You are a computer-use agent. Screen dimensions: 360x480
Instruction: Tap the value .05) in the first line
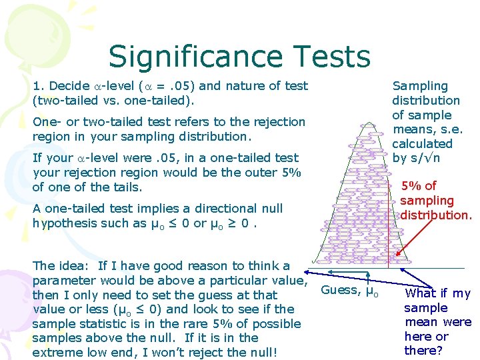click(x=183, y=85)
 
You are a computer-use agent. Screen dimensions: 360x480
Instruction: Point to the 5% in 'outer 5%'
click(x=292, y=173)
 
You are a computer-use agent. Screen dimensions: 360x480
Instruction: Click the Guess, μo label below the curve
click(x=349, y=290)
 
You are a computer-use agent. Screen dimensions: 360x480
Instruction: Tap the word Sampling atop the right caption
click(x=420, y=86)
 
